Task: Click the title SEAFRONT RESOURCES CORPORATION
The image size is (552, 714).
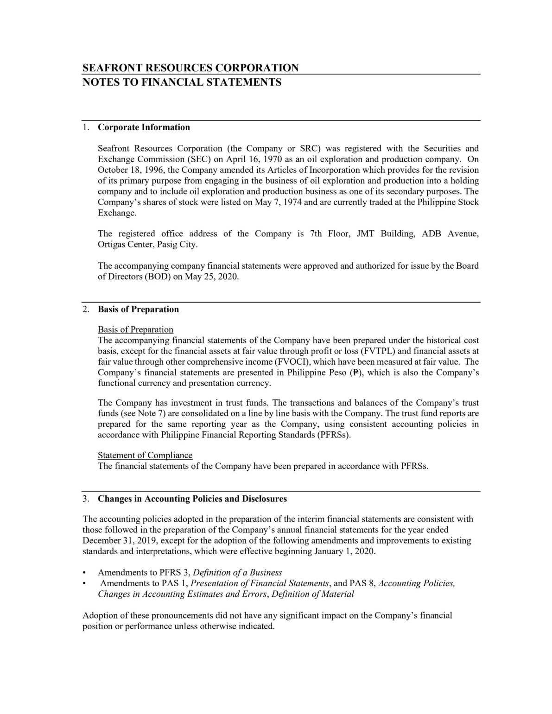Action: coord(190,68)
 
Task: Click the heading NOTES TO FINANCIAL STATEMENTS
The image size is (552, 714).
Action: coord(182,82)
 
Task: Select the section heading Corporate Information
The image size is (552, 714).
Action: coord(144,127)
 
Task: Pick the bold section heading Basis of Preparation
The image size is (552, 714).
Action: coord(138,310)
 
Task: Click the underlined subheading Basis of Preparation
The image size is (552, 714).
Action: coord(135,329)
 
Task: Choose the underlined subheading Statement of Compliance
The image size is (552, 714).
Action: coord(145,455)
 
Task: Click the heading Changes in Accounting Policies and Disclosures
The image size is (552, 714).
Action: coord(192,499)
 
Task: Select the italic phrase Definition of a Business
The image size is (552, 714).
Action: coord(237,573)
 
